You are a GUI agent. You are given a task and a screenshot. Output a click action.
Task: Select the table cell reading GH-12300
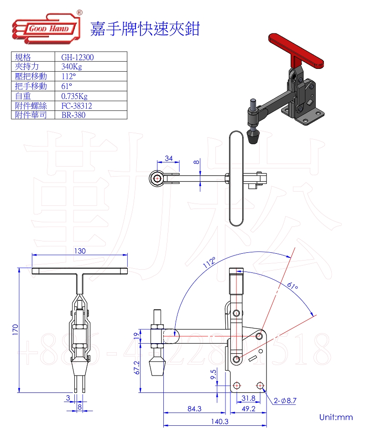pyautogui.click(x=78, y=57)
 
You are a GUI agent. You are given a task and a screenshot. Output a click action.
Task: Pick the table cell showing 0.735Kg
pyautogui.click(x=74, y=96)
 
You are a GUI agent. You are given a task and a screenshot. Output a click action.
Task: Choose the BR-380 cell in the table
pyautogui.click(x=73, y=115)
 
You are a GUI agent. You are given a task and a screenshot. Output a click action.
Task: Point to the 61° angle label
pyautogui.click(x=292, y=287)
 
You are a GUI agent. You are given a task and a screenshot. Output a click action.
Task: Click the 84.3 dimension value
pyautogui.click(x=194, y=409)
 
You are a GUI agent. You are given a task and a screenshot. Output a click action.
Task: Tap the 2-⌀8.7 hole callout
pyautogui.click(x=286, y=401)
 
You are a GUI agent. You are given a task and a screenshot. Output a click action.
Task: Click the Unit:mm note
pyautogui.click(x=336, y=417)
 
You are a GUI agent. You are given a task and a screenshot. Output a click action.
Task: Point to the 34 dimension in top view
pyautogui.click(x=168, y=158)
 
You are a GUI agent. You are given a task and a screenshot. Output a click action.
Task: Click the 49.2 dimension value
pyautogui.click(x=248, y=409)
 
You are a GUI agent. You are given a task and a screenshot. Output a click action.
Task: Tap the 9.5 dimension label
pyautogui.click(x=213, y=375)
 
